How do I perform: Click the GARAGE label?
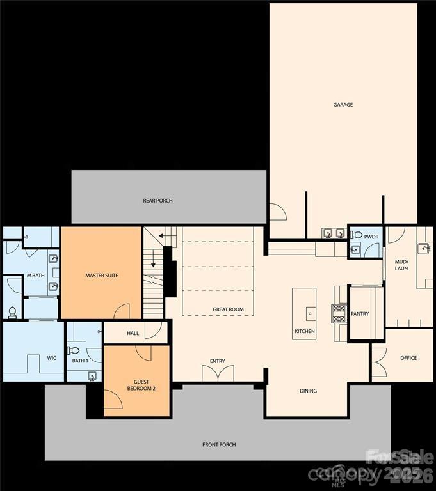[343, 105]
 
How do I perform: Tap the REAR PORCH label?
[157, 201]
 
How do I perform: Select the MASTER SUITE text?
[102, 276]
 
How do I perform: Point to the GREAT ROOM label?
[229, 309]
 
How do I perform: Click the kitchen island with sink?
[304, 313]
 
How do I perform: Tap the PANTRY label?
[360, 314]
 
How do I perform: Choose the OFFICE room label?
[408, 358]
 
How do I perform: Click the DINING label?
[308, 391]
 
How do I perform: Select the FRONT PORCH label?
[220, 444]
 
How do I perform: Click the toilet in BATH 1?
[75, 350]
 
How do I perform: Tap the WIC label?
[52, 358]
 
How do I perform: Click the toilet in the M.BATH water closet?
[12, 312]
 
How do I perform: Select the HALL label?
[133, 333]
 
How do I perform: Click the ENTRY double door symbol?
[218, 373]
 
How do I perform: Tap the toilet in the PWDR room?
[357, 235]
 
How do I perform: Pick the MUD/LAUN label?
[401, 264]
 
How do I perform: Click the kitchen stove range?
[338, 313]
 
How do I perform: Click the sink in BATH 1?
[92, 375]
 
